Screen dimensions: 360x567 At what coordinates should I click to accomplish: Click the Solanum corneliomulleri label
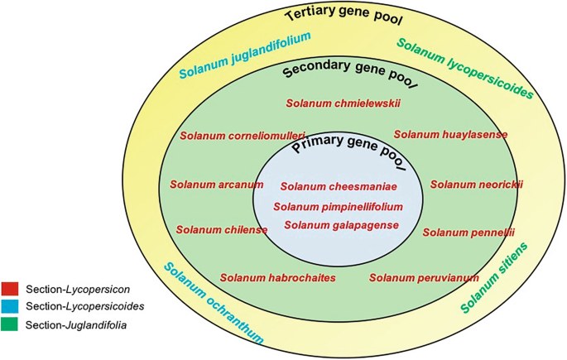(x=243, y=135)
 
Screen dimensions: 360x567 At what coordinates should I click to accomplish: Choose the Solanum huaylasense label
(x=450, y=134)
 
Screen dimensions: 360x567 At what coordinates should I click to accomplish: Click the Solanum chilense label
(x=221, y=229)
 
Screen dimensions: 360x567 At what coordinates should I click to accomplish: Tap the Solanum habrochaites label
(x=277, y=277)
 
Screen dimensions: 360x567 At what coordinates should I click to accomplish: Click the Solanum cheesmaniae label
(x=339, y=186)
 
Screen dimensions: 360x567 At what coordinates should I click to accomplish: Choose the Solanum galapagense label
(x=342, y=224)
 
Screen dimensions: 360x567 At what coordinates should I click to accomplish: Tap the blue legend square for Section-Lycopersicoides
(x=11, y=306)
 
